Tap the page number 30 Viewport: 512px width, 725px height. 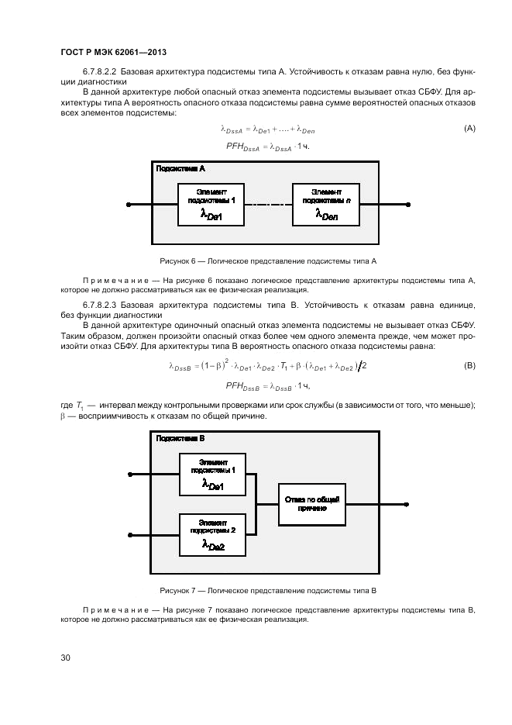coord(66,658)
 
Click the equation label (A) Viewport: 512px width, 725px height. coord(469,128)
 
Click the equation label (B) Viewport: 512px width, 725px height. coord(469,364)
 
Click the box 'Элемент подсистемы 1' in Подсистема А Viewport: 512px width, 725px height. coord(211,205)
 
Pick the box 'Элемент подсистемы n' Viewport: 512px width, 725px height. coord(325,205)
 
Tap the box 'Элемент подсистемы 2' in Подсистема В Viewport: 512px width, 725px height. coord(211,534)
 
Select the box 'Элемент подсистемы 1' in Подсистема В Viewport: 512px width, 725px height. coord(211,474)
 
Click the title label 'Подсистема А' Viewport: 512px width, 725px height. coord(180,168)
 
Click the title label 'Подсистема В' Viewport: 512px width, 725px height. coord(180,438)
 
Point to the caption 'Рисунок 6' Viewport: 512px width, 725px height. coord(267,261)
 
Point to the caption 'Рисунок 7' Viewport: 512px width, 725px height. coord(267,590)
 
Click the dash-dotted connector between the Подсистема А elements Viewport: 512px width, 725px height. coord(268,205)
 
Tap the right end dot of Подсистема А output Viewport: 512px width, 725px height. coord(408,205)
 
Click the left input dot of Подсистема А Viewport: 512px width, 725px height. coord(128,205)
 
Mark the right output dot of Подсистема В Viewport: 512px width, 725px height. coord(408,502)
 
